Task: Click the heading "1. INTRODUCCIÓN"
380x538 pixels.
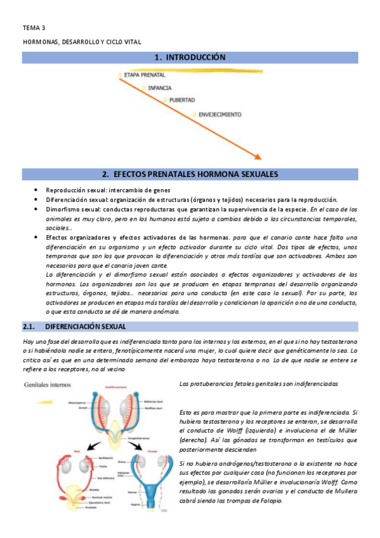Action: [x=190, y=58]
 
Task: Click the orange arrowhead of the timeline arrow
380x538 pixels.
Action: [x=257, y=155]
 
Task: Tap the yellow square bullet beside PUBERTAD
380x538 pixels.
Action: [x=166, y=100]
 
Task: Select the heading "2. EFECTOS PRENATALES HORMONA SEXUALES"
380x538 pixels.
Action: [x=190, y=173]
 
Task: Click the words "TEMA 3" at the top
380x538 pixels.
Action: [x=34, y=28]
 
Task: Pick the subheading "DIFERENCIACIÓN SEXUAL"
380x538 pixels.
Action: [x=86, y=327]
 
